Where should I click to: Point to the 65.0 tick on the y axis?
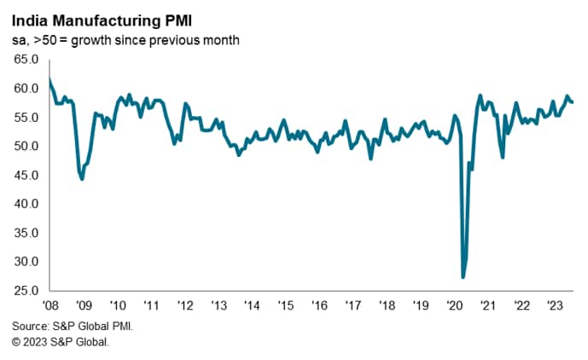coord(26,60)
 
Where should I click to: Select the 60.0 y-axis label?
coord(26,89)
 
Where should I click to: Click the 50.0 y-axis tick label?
coord(26,147)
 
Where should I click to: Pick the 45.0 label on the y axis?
coord(26,176)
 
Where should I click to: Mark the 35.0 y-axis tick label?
coord(26,234)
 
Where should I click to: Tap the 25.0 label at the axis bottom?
coord(26,292)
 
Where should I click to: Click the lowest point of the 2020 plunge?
coord(463,277)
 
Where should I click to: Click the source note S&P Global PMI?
coord(73,326)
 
